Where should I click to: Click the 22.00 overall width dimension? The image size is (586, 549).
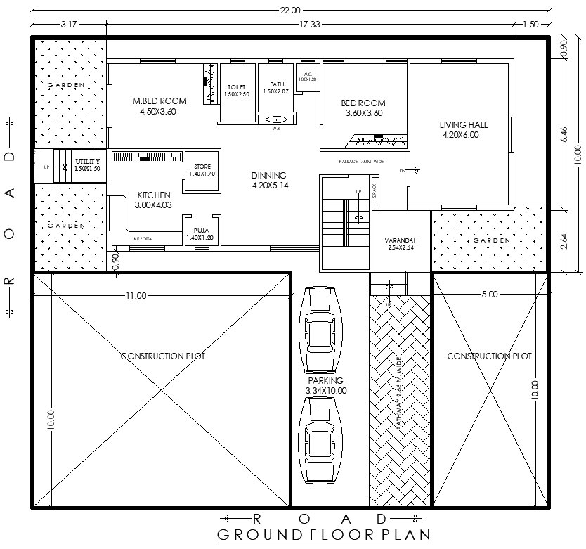(290, 10)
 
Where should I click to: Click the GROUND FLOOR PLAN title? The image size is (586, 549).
(323, 535)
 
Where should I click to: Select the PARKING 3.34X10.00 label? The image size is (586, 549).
(325, 385)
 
